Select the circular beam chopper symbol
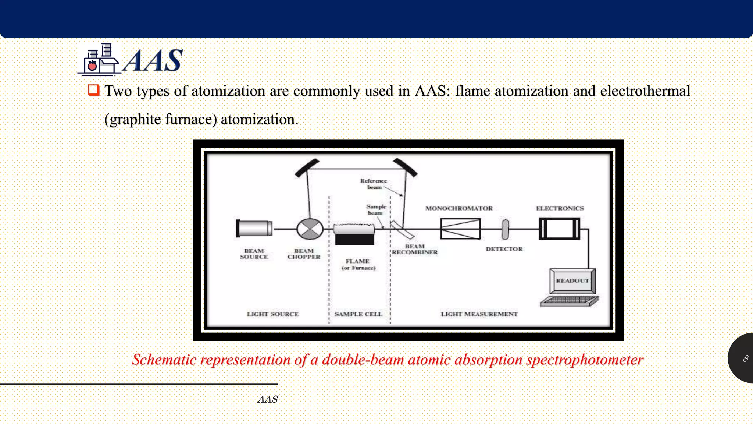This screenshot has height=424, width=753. [310, 229]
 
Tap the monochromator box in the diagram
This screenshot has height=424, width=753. [460, 229]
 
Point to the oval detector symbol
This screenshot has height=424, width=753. [506, 229]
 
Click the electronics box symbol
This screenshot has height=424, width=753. [559, 229]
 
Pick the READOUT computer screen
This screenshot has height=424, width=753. [572, 280]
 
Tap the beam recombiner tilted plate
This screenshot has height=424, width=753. [402, 229]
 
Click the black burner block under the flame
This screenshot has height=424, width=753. [354, 240]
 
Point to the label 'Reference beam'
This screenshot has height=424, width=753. [374, 184]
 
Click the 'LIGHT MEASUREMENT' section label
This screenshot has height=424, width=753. [479, 314]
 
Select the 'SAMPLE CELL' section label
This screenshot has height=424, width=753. [358, 314]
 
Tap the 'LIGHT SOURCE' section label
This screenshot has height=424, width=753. [272, 314]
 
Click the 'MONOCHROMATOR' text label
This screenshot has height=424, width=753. [459, 208]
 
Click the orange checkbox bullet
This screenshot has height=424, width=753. [94, 90]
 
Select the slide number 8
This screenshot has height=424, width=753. [745, 358]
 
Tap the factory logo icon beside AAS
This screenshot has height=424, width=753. [99, 60]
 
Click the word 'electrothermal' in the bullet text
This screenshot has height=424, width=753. [645, 91]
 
